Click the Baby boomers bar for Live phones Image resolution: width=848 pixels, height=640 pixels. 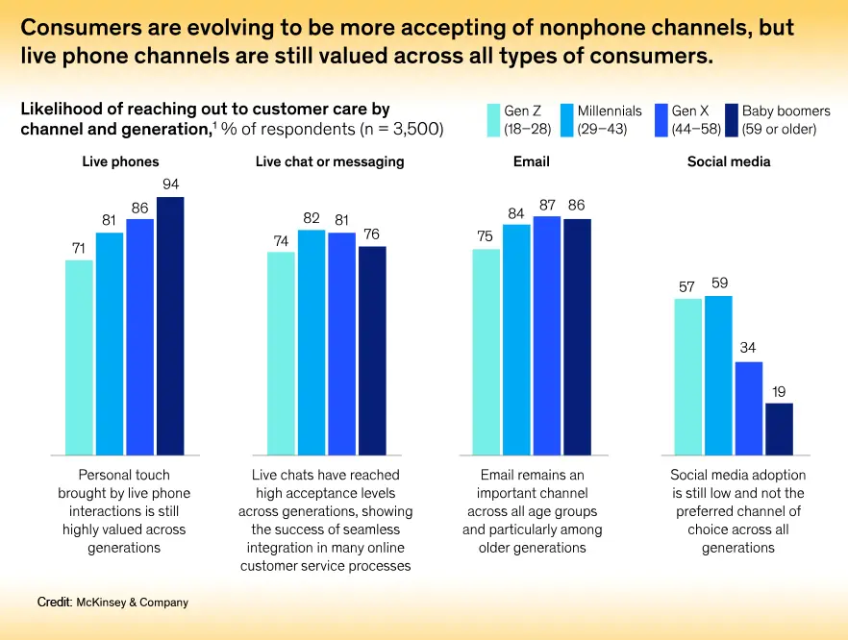click(170, 326)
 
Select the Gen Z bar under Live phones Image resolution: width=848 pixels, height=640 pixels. click(79, 357)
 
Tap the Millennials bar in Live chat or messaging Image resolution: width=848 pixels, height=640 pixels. click(311, 342)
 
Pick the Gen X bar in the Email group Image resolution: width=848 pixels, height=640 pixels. click(547, 335)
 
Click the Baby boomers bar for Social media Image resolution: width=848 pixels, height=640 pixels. click(779, 429)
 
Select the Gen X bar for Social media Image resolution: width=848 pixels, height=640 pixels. click(749, 407)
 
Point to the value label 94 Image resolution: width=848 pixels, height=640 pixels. click(170, 185)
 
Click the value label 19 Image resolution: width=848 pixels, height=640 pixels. click(779, 391)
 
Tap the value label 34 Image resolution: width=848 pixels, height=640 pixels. click(749, 349)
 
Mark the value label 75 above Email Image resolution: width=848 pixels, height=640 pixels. click(486, 236)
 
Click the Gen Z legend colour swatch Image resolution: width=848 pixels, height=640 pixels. click(494, 120)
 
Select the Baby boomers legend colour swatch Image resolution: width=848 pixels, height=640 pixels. click(731, 120)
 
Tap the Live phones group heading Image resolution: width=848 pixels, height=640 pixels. click(120, 162)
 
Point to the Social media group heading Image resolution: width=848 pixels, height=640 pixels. click(729, 162)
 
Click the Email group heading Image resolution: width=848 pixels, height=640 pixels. click(531, 162)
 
